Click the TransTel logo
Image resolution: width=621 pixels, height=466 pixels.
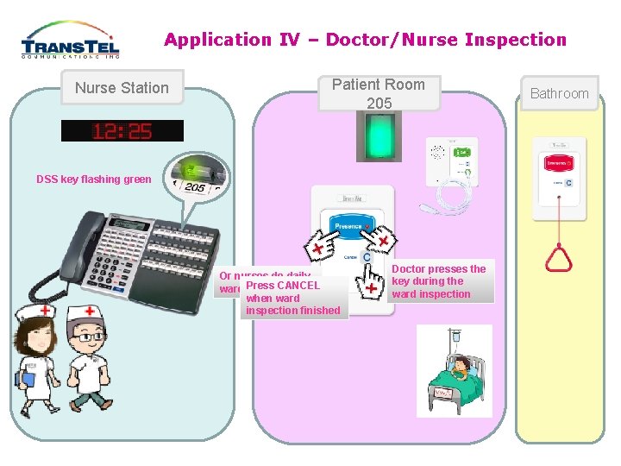click(70, 41)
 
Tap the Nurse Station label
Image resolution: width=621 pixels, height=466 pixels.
click(122, 87)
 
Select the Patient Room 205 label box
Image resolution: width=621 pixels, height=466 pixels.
click(379, 93)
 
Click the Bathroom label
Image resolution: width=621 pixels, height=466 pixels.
click(559, 93)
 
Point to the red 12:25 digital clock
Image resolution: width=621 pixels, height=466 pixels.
click(122, 131)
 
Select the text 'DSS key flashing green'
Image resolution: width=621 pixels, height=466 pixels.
click(94, 179)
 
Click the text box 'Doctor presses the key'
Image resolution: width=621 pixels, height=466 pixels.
click(439, 281)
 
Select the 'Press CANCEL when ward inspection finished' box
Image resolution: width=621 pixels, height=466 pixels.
click(293, 298)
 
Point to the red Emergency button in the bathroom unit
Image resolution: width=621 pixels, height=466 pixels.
click(559, 162)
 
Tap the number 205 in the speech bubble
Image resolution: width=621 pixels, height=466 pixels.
click(195, 187)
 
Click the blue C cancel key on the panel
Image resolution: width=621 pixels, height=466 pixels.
click(367, 257)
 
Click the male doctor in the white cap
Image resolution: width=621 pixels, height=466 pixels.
click(90, 354)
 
